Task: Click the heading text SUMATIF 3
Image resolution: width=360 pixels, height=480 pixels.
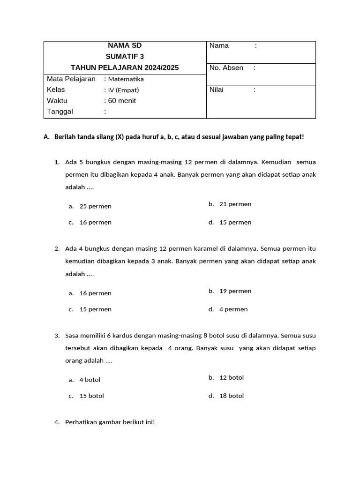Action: [125, 57]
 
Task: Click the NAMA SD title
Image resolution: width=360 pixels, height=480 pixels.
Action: [125, 45]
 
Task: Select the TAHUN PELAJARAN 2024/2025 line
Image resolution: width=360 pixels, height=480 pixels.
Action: [125, 68]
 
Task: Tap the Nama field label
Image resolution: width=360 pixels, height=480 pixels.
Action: [219, 45]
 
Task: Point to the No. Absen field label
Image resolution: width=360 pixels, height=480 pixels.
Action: [226, 68]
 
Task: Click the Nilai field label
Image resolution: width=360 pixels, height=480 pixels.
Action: [217, 90]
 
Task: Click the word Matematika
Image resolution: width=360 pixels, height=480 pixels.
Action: [126, 79]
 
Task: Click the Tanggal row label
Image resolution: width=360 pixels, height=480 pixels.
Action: [60, 112]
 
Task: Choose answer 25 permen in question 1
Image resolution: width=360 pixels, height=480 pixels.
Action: [95, 206]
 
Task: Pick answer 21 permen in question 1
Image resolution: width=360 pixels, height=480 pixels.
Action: [235, 204]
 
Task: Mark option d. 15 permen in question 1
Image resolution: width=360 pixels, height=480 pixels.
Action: [235, 222]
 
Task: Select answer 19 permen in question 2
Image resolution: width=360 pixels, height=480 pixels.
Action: [235, 291]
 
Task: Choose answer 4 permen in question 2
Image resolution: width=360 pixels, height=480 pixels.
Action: [233, 309]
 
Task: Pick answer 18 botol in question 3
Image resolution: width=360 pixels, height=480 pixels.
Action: [232, 396]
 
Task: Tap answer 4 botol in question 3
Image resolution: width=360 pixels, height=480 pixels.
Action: [90, 380]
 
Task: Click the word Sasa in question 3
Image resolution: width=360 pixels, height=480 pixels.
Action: [72, 336]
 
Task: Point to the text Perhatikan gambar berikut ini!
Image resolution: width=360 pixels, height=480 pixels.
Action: [110, 422]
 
